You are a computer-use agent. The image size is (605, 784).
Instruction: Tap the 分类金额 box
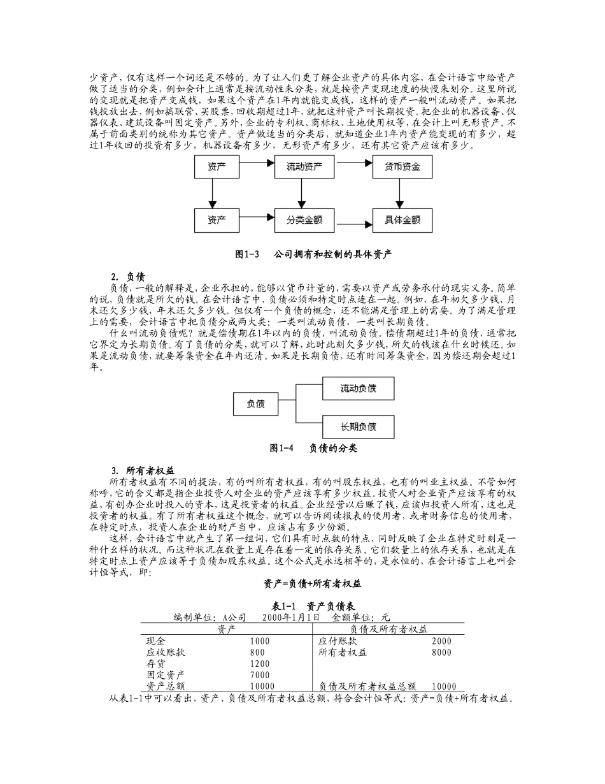(304, 221)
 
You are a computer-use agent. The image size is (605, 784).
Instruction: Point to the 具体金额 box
(401, 221)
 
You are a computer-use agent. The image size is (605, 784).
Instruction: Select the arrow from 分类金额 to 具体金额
(353, 224)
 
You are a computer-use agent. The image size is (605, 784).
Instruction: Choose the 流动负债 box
(358, 388)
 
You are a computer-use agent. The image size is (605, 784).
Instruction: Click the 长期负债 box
(358, 426)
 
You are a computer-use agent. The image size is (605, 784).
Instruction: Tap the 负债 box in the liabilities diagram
(256, 403)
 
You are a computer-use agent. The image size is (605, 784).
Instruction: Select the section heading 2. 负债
(127, 277)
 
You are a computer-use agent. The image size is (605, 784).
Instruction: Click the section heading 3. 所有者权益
(141, 470)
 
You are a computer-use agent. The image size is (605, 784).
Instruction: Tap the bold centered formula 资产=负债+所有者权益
(313, 583)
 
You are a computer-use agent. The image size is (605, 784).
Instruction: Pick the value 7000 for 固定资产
(260, 675)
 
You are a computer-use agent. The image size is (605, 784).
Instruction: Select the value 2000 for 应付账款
(441, 641)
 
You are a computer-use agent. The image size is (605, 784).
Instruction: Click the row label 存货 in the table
(156, 664)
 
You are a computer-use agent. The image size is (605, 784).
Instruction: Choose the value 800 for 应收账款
(257, 653)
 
